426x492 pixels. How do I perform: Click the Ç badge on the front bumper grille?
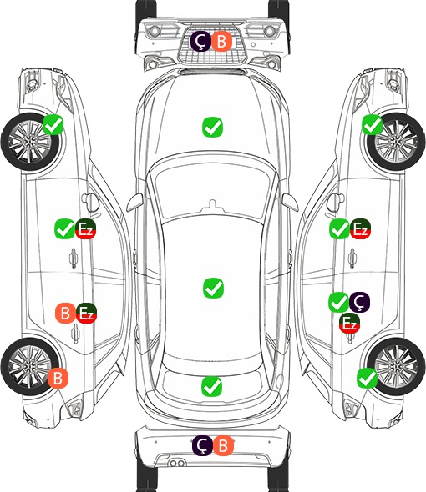coord(200,42)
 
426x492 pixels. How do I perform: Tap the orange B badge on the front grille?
coord(221,42)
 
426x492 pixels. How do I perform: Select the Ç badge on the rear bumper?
coord(202,445)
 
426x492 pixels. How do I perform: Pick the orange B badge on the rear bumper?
coord(223,445)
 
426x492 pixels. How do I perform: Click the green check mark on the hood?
coord(213,127)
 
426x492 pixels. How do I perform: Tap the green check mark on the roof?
coord(213,288)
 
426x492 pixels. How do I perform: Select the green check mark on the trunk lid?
coord(211,387)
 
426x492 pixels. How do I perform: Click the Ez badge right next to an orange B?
coord(86,314)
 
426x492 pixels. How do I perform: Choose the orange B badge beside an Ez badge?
coord(65,314)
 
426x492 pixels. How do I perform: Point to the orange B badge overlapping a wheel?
coord(58,378)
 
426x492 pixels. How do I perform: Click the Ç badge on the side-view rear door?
coord(360,302)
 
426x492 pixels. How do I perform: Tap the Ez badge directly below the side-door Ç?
coord(349,323)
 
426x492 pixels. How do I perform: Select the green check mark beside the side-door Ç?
coord(339,302)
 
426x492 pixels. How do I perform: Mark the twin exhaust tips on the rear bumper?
coord(176,463)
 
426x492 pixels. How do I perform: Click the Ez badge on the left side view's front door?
coord(85,228)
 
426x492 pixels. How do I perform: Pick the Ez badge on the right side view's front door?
coord(360,228)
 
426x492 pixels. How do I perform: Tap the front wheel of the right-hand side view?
coord(396,142)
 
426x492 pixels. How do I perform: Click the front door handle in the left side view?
coord(74,258)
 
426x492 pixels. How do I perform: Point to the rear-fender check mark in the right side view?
coord(368,379)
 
